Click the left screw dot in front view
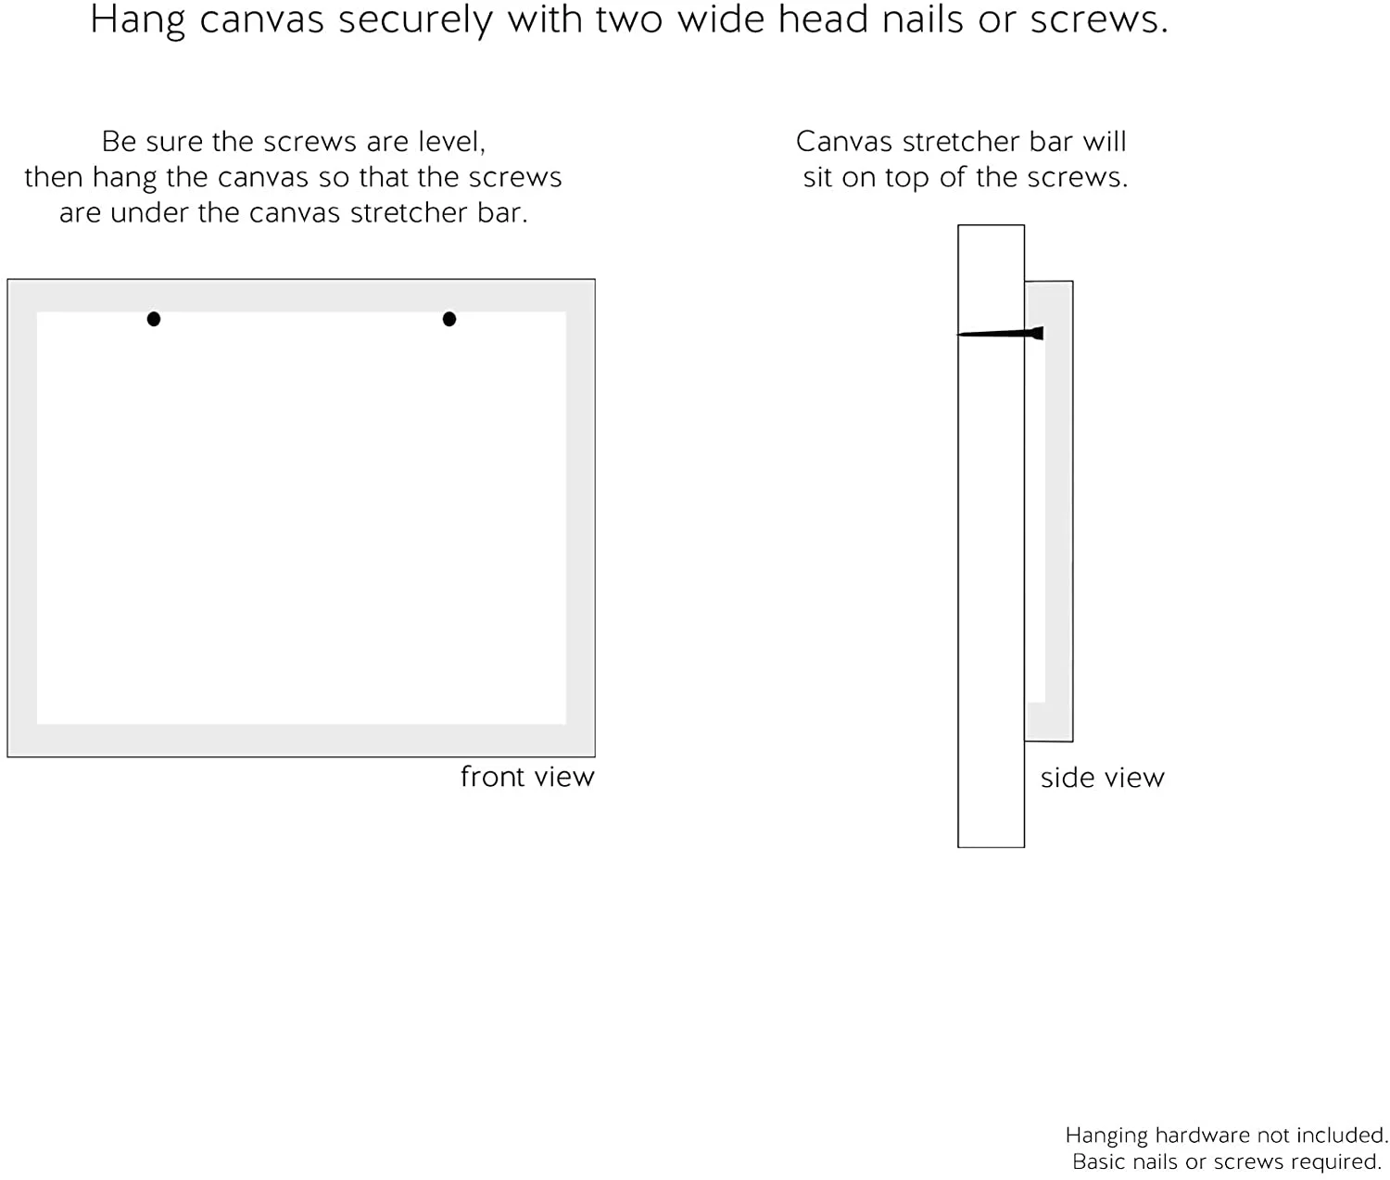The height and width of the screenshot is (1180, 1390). tap(154, 319)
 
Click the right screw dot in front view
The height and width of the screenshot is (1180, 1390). tap(449, 319)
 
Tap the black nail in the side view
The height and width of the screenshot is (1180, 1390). tap(1001, 334)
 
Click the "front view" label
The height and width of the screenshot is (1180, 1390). tap(527, 777)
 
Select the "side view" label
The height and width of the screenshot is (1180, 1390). tap(1102, 778)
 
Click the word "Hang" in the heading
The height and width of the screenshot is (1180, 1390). tap(137, 20)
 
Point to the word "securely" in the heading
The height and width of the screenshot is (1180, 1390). tap(414, 20)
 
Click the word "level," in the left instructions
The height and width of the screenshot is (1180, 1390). tap(451, 142)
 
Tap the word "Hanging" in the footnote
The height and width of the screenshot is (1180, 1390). tap(1106, 1136)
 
